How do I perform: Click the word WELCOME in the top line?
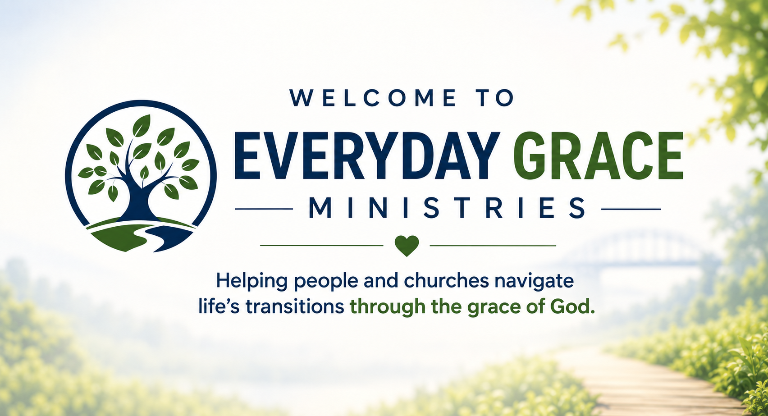[373, 98]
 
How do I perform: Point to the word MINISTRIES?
[447, 208]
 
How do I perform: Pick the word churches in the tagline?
[446, 281]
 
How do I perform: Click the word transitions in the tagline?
[295, 306]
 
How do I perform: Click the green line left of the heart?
[322, 246]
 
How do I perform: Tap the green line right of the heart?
[493, 246]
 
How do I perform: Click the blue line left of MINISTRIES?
[264, 209]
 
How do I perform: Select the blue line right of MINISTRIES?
[631, 209]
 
